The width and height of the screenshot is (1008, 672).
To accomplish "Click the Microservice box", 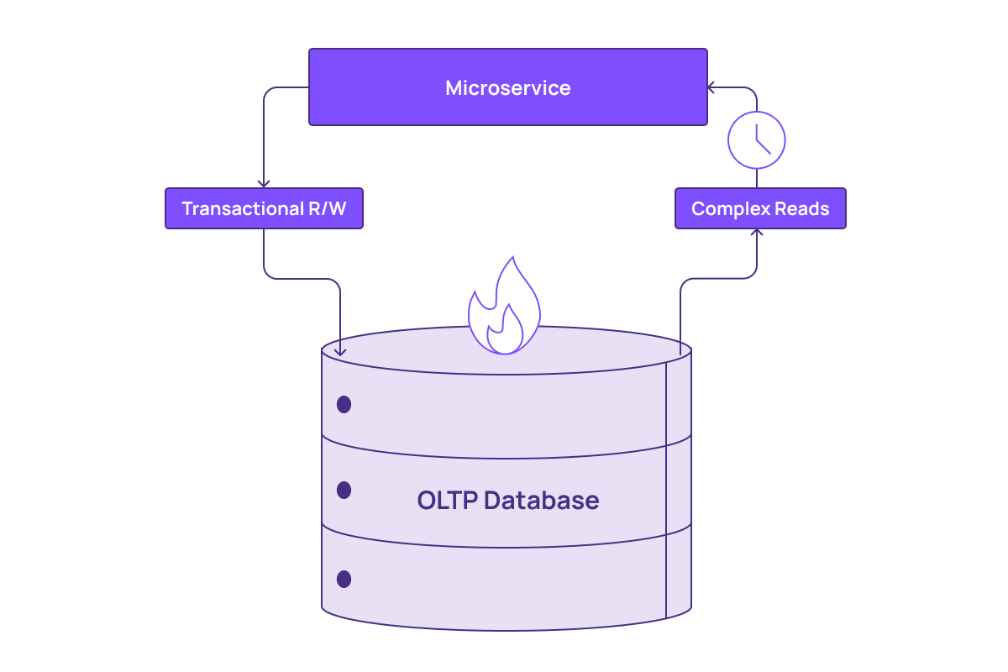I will pos(507,87).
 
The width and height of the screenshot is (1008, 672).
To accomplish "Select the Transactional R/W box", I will pos(264,208).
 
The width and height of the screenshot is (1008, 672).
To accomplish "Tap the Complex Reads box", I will pos(760,208).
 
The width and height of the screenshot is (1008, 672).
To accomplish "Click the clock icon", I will pos(756,140).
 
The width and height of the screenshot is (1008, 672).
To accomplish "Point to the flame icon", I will pos(503,307).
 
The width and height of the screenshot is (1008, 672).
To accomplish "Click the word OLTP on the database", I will pos(447,501).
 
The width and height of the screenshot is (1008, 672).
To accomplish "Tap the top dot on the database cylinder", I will pos(344,405).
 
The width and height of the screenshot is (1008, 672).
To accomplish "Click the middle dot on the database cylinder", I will pos(344,490).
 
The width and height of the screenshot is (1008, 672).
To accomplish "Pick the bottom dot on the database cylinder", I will pos(344,579).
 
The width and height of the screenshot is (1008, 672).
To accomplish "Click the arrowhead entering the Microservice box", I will pos(711,87).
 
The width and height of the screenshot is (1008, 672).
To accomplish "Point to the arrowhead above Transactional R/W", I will pos(264,182).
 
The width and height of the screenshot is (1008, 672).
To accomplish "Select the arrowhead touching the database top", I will pos(340,351).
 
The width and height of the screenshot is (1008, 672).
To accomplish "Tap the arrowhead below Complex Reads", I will pos(757,233).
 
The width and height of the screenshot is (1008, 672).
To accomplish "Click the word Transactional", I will pos(238,208).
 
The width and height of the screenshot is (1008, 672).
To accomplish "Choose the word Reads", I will pos(802,208).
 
